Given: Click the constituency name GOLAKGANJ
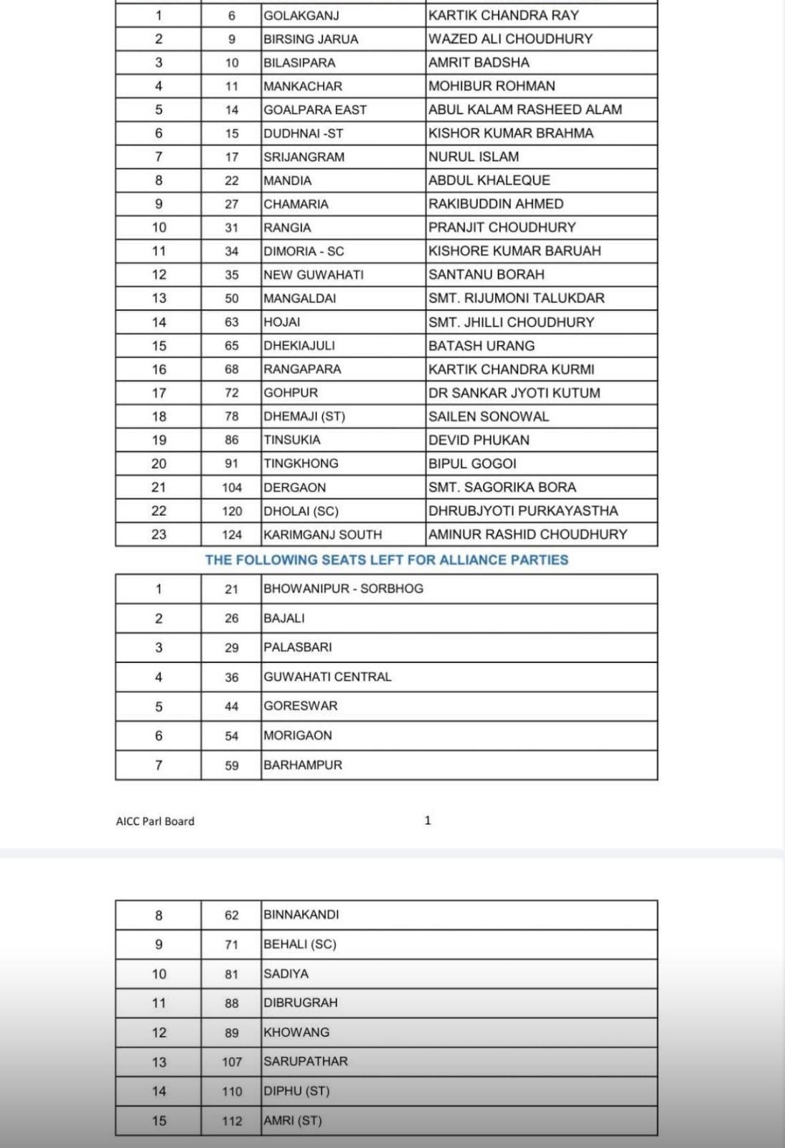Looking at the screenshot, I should pyautogui.click(x=301, y=15).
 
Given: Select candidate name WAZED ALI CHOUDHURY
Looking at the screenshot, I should pyautogui.click(x=510, y=39).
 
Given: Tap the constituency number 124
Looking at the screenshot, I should pyautogui.click(x=232, y=535).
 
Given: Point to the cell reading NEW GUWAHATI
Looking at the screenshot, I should pyautogui.click(x=314, y=275).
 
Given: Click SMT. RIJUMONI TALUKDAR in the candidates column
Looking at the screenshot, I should pyautogui.click(x=517, y=298).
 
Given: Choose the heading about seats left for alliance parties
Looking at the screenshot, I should pyautogui.click(x=386, y=560).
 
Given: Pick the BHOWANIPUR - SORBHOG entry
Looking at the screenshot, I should pyautogui.click(x=343, y=588).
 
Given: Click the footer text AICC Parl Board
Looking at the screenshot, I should pyautogui.click(x=155, y=821).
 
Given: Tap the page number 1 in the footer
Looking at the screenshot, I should pyautogui.click(x=428, y=820).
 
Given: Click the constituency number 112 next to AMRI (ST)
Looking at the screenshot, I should pyautogui.click(x=232, y=1121).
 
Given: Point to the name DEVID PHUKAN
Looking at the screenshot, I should pyautogui.click(x=479, y=440).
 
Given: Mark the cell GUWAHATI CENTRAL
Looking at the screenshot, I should pyautogui.click(x=327, y=677).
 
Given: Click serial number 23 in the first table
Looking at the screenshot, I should pyautogui.click(x=159, y=535).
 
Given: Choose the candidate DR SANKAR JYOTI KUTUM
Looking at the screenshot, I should pyautogui.click(x=514, y=392).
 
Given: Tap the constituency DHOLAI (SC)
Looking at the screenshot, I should pyautogui.click(x=301, y=511).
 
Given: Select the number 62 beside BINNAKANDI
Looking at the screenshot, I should pyautogui.click(x=231, y=915).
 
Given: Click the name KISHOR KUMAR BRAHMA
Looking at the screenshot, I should pyautogui.click(x=511, y=133).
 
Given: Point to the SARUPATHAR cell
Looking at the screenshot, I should pyautogui.click(x=305, y=1061).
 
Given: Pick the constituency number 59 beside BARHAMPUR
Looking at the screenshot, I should pyautogui.click(x=231, y=766).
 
